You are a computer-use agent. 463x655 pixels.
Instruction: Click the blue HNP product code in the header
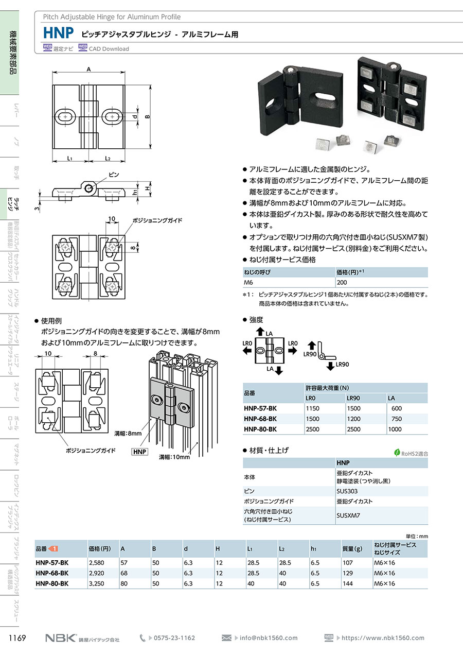58,33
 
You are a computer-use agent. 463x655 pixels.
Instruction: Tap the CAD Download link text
109,49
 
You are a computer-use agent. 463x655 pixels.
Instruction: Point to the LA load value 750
397,419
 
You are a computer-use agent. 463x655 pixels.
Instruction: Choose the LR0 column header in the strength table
311,398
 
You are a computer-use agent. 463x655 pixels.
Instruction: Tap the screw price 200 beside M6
342,283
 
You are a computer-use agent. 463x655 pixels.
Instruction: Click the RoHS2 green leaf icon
397,453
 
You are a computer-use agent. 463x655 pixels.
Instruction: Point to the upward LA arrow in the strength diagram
260,331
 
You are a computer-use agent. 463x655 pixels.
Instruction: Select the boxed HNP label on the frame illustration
139,452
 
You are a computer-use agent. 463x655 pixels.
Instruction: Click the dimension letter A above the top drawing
88,70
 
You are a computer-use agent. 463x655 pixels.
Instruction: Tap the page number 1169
17,637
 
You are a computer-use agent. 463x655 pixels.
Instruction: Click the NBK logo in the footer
61,637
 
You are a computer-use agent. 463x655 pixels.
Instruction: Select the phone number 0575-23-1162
174,637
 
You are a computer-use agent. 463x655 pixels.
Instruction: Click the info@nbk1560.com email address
269,637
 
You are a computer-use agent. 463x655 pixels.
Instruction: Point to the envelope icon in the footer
226,637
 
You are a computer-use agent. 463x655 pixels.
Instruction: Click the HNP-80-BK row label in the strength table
260,429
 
